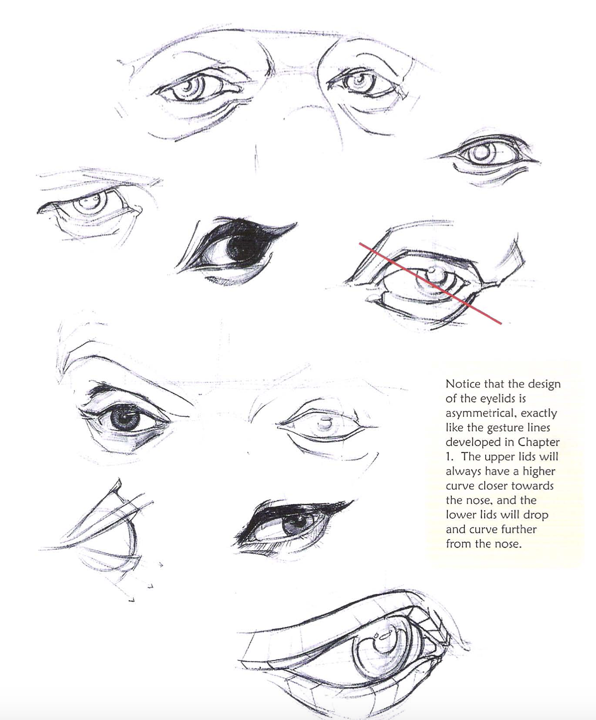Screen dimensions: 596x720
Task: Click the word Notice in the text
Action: pyautogui.click(x=463, y=384)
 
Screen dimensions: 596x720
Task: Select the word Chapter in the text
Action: pyautogui.click(x=539, y=442)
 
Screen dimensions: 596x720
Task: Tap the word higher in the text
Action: pyautogui.click(x=538, y=471)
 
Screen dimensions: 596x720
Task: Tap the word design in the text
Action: pyautogui.click(x=543, y=384)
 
